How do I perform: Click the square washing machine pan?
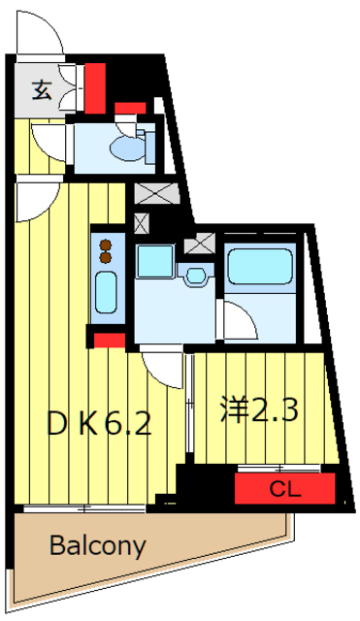(x=154, y=262)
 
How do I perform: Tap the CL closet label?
(x=284, y=488)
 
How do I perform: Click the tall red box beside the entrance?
(x=95, y=88)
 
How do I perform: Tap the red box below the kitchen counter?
(x=109, y=340)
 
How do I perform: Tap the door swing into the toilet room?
(x=47, y=139)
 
